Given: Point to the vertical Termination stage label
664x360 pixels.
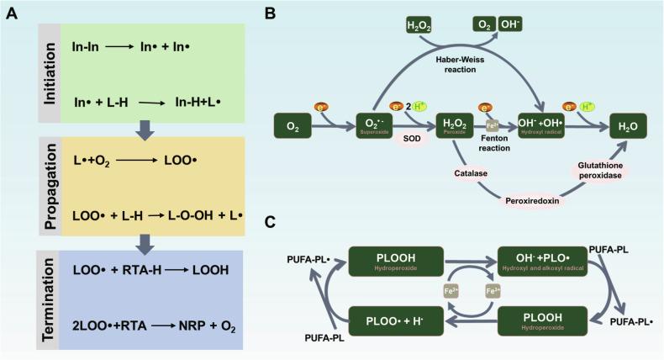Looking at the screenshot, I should coord(48,299).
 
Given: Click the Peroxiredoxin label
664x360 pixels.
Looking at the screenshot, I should coord(532,202).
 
